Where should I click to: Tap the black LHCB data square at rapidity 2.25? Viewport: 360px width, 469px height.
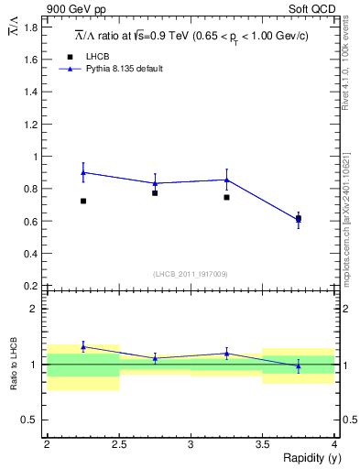point(83,201)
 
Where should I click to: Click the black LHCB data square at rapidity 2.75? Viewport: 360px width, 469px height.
point(155,193)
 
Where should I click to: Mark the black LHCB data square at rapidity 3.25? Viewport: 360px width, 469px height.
point(226,197)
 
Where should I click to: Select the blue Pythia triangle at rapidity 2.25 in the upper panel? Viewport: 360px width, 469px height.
point(83,172)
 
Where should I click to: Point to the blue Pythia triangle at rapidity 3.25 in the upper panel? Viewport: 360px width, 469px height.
point(226,180)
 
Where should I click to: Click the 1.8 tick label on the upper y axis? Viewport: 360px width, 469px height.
point(30,27)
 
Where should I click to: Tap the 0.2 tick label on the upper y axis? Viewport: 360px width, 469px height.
point(30,286)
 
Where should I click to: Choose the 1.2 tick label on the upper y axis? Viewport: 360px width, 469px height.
point(30,125)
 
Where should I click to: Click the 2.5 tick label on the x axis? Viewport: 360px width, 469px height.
point(118,444)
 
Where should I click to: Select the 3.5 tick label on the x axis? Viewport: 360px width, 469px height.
point(262,444)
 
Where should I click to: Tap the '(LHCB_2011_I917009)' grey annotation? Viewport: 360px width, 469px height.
point(191,274)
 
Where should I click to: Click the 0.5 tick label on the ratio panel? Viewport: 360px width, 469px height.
point(30,420)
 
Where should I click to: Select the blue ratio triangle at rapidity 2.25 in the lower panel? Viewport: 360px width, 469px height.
point(83,346)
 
